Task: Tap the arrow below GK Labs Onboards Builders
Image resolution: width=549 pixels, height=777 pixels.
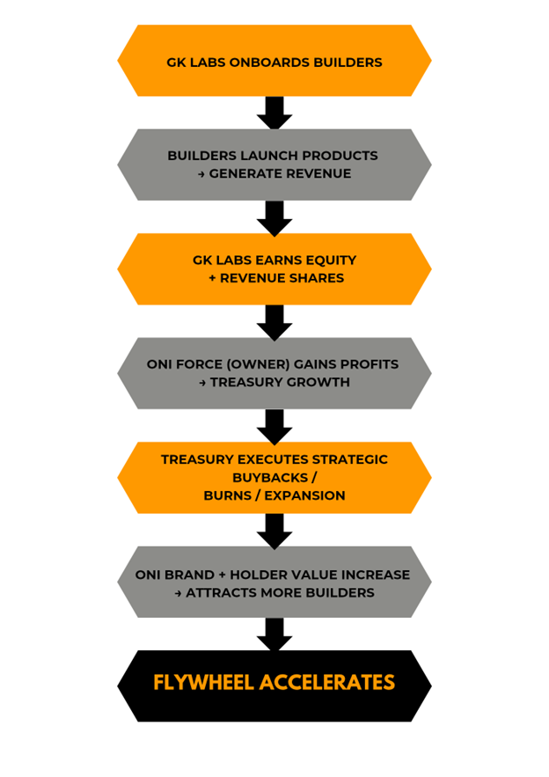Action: (274, 113)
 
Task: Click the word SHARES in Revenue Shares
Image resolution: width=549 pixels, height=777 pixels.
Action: (317, 278)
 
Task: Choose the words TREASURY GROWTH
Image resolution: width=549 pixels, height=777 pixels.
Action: (280, 382)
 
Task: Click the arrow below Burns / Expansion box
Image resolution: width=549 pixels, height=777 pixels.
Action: (274, 531)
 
